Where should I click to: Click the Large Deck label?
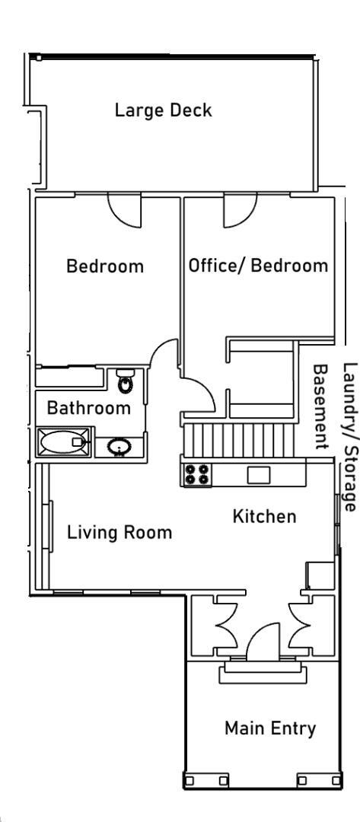163,110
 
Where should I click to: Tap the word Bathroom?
88,407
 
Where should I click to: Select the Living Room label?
119,533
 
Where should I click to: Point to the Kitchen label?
264,516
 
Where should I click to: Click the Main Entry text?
270,728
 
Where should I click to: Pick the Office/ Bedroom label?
258,266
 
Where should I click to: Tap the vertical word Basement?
320,406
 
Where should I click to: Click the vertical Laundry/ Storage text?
349,437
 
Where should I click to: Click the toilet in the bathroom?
126,381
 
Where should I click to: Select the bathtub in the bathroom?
63,442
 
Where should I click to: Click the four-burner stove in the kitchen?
197,474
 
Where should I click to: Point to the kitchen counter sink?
259,474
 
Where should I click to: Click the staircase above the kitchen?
240,441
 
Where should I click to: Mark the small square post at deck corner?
39,58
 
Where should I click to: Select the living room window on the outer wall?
51,527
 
